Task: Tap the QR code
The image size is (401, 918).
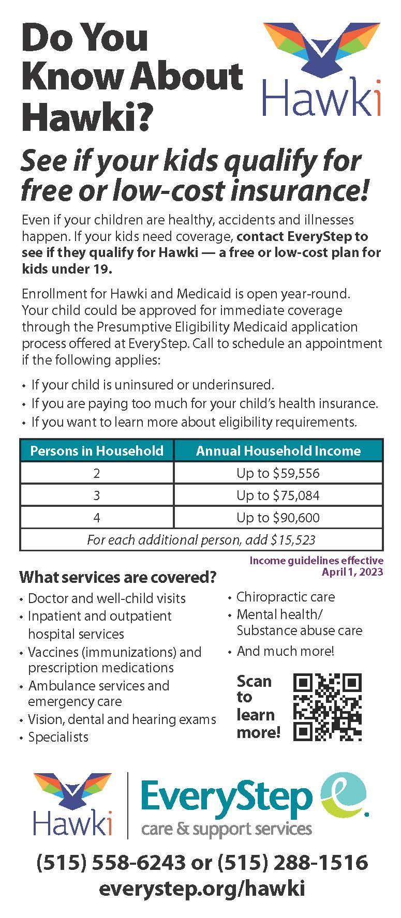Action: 327,706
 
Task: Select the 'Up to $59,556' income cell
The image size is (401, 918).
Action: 278,473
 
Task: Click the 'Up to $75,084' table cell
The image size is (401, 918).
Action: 278,495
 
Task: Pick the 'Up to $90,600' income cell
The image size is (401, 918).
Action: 278,518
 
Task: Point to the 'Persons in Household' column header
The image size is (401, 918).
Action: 97,450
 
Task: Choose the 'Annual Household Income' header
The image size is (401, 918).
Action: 278,450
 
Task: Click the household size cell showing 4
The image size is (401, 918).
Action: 97,518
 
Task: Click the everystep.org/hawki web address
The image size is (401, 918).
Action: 202,888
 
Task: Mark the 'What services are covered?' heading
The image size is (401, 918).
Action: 117,577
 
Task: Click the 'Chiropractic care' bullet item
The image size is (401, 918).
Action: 285,597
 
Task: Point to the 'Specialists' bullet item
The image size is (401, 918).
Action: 58,737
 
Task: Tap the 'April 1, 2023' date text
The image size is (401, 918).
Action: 352,571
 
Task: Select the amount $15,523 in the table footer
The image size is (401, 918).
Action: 293,540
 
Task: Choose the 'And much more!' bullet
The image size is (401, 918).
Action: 285,651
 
